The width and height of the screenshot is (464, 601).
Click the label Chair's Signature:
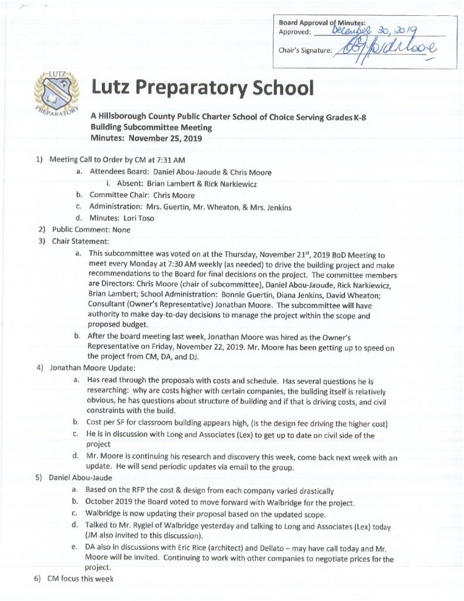(304, 50)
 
